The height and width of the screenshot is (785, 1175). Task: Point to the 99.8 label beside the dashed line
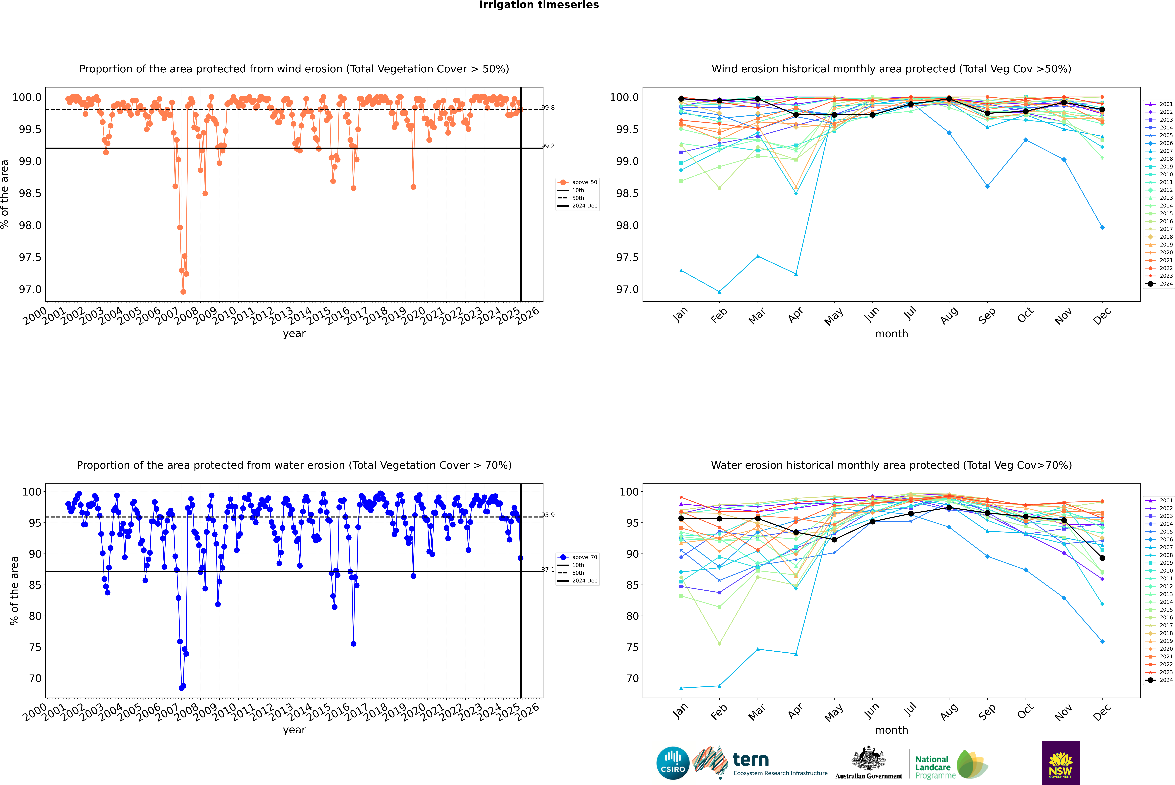(548, 108)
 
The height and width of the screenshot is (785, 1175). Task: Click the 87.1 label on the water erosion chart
(548, 570)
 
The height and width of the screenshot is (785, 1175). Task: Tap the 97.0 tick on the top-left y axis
(30, 289)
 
